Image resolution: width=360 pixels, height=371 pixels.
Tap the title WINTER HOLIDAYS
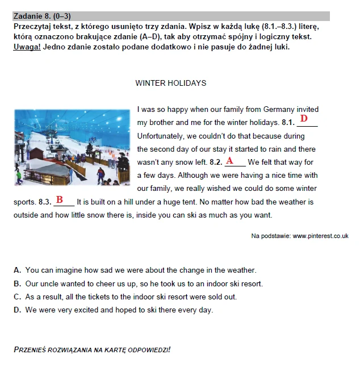tap(170, 83)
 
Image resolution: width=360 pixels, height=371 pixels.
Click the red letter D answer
tap(304, 118)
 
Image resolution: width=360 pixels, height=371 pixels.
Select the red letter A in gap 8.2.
tap(230, 161)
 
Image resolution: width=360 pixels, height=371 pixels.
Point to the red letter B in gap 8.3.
tap(59, 200)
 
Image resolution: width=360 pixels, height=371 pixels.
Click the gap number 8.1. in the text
tap(288, 122)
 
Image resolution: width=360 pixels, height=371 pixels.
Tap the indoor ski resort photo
tap(73, 146)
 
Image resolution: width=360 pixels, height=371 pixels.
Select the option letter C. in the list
tap(18, 297)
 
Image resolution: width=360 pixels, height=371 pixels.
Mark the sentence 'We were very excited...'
tap(119, 310)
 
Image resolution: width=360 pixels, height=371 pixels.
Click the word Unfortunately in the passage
tap(161, 136)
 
